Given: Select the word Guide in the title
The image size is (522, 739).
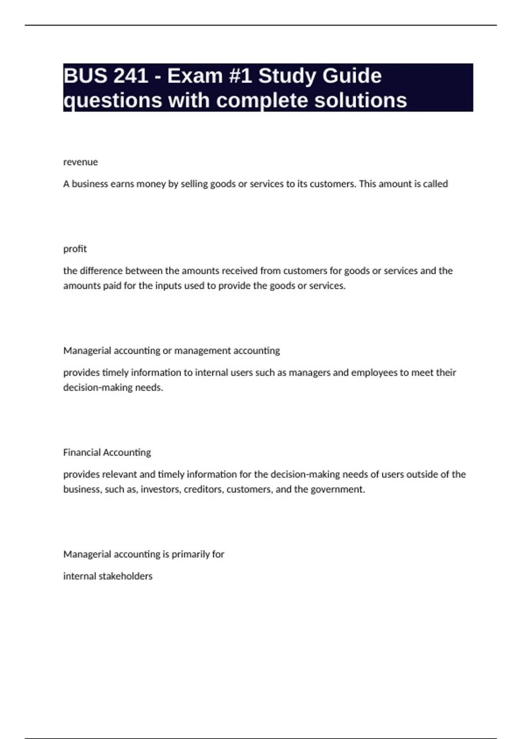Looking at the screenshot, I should (x=352, y=76).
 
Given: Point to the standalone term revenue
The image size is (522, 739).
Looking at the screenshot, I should (x=80, y=162).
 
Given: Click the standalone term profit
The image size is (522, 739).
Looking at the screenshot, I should (x=75, y=249).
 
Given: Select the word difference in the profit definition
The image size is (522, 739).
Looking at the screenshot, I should (x=102, y=271).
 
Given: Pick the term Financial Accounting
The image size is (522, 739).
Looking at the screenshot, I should (x=107, y=453).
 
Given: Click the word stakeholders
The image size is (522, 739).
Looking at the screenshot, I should (x=125, y=576).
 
